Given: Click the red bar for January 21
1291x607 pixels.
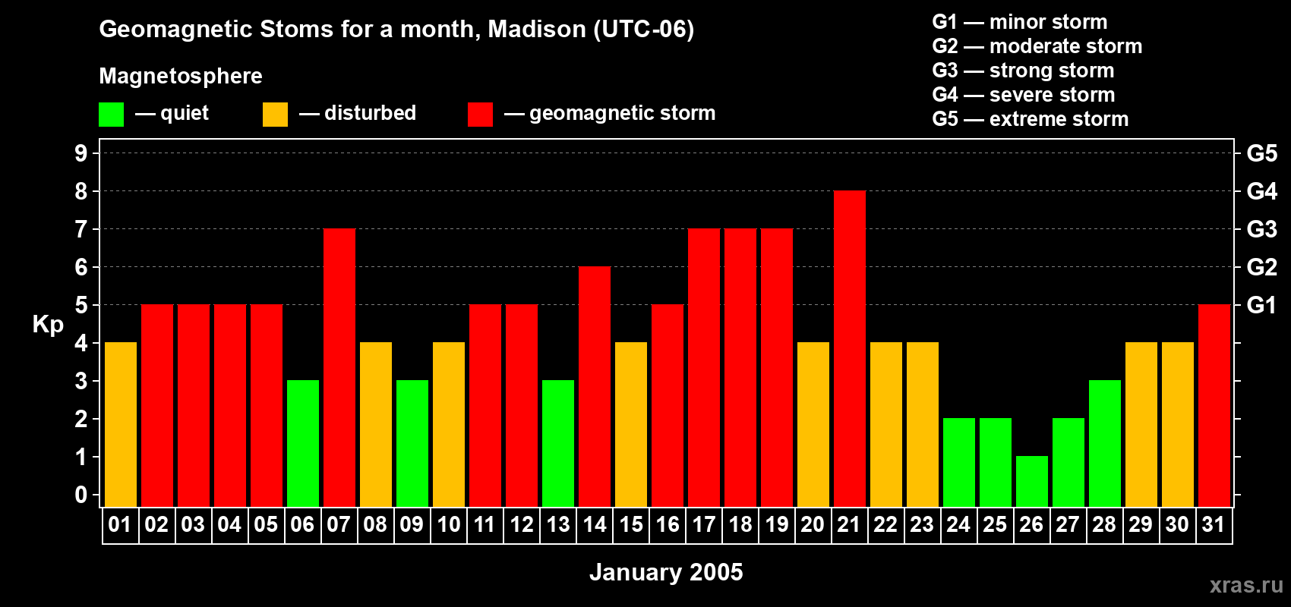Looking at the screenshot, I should (x=849, y=349).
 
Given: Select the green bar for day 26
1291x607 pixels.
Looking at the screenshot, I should (x=1031, y=482).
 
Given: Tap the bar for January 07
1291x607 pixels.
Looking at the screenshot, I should (x=339, y=368).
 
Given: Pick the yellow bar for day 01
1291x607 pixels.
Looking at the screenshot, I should (x=120, y=425).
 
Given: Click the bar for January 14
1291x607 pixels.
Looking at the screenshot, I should (x=594, y=387).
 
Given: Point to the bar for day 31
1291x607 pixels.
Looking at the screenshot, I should (x=1214, y=406).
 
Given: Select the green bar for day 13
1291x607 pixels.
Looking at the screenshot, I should (x=557, y=444).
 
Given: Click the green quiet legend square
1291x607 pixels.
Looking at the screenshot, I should (x=111, y=115).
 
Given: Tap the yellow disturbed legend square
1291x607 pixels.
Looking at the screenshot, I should (x=275, y=115).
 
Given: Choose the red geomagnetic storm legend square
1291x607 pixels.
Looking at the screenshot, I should (x=480, y=115).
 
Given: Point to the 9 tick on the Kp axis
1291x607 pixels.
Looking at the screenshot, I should (x=81, y=153).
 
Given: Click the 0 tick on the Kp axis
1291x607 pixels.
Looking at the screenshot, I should (x=81, y=495).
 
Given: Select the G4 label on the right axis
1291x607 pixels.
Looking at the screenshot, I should (x=1261, y=191).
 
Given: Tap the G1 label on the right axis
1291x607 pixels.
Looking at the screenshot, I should (x=1261, y=305).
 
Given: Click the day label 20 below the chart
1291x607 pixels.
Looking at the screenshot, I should (x=813, y=524).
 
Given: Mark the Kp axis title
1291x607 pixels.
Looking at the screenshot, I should (x=48, y=324).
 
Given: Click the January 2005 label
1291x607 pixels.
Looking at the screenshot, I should (x=666, y=572).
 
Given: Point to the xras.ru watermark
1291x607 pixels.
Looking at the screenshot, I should (x=1245, y=584).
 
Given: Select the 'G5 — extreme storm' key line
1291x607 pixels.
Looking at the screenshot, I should (x=1030, y=119).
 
